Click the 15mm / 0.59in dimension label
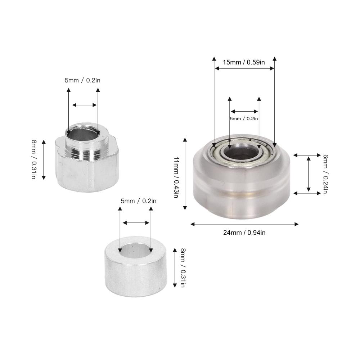244,62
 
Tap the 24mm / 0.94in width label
244,233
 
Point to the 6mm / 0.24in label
325,174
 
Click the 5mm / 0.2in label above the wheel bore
244,118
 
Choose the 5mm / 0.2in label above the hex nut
82,80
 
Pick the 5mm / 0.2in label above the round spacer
139,201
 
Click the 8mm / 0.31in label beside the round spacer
183,268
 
